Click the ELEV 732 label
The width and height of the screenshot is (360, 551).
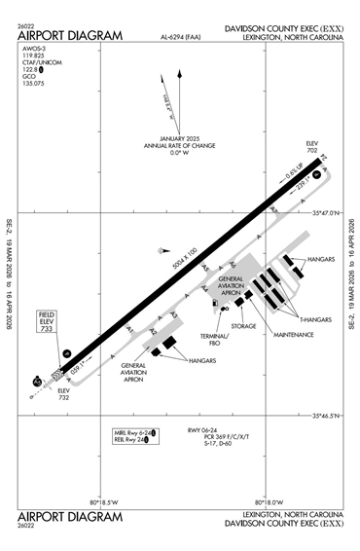click(x=64, y=392)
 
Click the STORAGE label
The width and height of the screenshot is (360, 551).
click(x=243, y=326)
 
